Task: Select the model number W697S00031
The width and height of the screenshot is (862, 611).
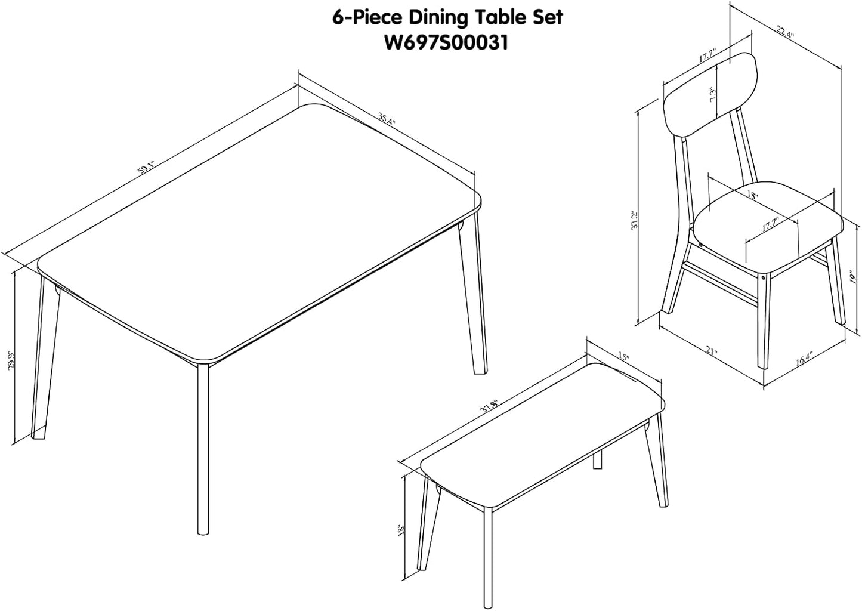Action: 447,43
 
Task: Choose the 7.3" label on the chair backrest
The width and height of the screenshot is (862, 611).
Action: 712,96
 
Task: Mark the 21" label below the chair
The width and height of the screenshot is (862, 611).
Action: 711,350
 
